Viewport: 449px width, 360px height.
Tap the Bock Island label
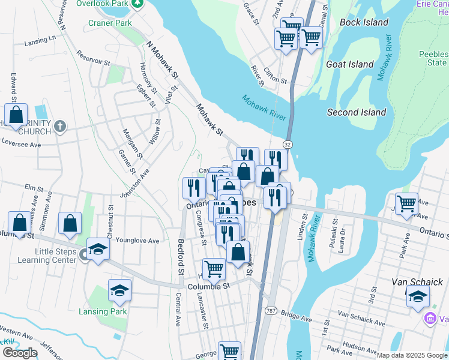tap(364, 22)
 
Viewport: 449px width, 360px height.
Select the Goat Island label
tap(349, 64)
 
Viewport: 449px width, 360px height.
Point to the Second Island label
tap(356, 112)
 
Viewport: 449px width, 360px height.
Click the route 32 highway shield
tap(288, 145)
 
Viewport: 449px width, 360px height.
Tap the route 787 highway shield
tap(270, 310)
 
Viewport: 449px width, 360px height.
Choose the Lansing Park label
tap(102, 311)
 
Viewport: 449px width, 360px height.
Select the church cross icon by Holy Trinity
tap(59, 126)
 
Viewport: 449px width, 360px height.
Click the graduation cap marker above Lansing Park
tap(120, 290)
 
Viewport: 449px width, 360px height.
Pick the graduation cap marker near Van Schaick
tap(418, 296)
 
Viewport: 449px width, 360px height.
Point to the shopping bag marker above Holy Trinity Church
tap(16, 114)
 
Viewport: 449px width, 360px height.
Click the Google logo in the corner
tap(19, 352)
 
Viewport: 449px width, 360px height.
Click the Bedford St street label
tap(181, 257)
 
